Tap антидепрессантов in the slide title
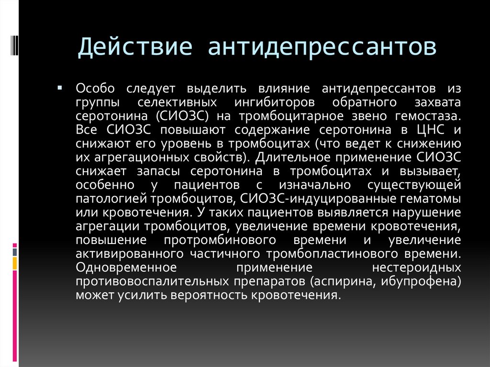[322, 47]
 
